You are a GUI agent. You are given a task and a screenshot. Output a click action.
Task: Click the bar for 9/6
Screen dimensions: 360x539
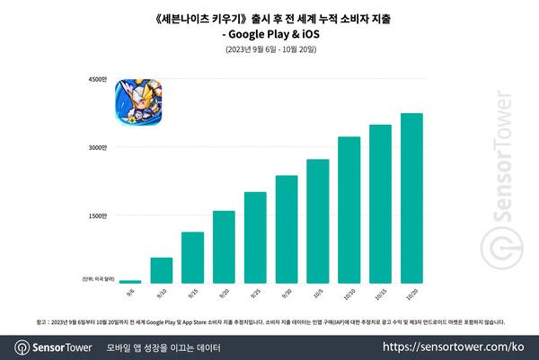(130, 281)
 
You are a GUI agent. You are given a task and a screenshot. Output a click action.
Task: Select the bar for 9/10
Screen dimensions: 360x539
(162, 270)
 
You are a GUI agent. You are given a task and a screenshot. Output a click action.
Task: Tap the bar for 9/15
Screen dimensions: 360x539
(193, 258)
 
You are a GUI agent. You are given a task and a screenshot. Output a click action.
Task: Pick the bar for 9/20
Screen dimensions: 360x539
(224, 247)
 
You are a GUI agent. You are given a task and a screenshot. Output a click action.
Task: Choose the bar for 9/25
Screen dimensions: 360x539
(255, 238)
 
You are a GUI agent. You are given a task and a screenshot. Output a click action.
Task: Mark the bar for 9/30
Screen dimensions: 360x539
(287, 229)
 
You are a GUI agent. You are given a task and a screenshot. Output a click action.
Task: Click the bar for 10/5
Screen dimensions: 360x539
(318, 221)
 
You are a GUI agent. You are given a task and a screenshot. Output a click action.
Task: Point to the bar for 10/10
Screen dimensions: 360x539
(349, 210)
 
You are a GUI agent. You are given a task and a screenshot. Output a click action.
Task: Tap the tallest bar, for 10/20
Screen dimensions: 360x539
(411, 198)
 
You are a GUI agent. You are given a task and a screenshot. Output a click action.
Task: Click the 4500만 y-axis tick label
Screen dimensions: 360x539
(98, 81)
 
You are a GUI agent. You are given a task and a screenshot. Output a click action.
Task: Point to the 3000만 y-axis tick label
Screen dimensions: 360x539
(98, 148)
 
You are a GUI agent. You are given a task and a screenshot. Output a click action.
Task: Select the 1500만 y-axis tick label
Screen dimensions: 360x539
(98, 215)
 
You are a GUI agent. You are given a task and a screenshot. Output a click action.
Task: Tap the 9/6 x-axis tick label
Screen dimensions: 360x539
(131, 292)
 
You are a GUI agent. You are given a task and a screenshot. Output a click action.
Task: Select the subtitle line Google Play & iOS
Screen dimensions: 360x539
(269, 34)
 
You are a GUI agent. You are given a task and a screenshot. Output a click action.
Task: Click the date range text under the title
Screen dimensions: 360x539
(269, 50)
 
